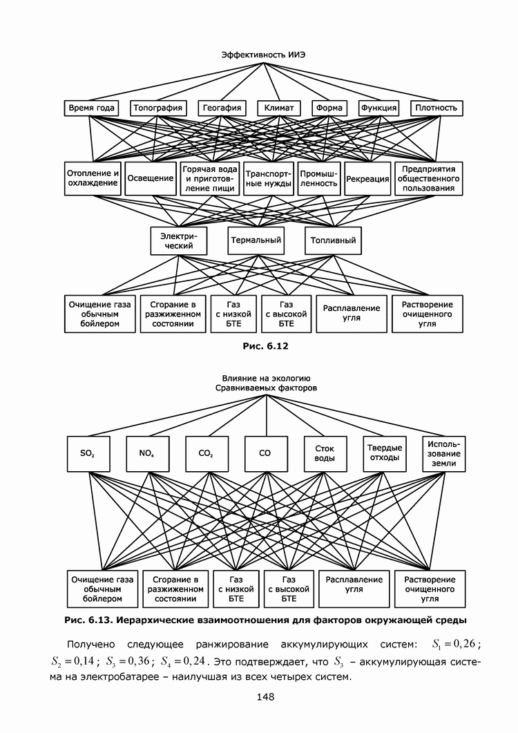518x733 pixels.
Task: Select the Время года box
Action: coord(90,108)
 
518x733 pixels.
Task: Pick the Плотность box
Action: coord(437,108)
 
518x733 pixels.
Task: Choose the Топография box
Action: coord(158,108)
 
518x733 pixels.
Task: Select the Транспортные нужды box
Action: coord(269,178)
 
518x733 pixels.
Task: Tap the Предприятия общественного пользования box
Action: coord(428,178)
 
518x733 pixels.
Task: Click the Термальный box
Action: coord(256,240)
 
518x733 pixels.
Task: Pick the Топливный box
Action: coord(334,240)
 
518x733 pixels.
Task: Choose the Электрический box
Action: coord(179,240)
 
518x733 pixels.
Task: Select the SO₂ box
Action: coord(88,454)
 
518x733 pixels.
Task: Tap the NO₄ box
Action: coord(146,454)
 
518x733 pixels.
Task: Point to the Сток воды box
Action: coord(320,454)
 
